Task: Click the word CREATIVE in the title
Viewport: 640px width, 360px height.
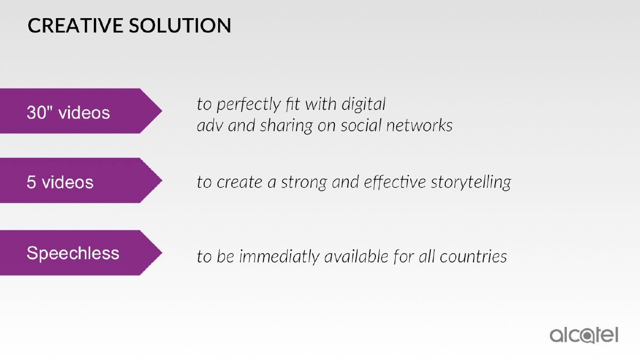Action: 75,26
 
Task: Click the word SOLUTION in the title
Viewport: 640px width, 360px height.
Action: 180,26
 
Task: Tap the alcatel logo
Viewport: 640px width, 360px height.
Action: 583,335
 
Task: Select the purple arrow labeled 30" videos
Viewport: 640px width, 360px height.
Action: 81,111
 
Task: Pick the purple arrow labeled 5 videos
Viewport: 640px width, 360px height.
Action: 81,180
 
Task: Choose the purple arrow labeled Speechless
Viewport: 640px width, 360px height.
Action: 81,253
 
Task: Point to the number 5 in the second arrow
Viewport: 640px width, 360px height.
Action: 31,182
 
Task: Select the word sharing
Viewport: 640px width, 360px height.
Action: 286,126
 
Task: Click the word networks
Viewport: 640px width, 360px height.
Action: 419,125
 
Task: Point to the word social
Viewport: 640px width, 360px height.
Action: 361,125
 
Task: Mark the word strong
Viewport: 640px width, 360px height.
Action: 303,182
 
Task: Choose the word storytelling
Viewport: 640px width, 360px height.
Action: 471,182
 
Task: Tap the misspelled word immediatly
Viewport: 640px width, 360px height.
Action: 279,257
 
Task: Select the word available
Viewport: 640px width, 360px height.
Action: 356,256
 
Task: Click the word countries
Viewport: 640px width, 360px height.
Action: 473,257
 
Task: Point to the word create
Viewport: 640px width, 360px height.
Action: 239,182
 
